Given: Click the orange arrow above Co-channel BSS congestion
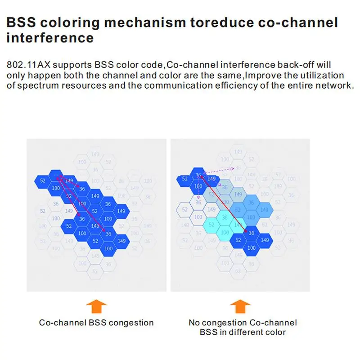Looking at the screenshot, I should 96,307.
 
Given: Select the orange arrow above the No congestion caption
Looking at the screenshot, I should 240,307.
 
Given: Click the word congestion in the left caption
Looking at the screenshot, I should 131,323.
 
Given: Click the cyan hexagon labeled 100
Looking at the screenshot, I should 225,232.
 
